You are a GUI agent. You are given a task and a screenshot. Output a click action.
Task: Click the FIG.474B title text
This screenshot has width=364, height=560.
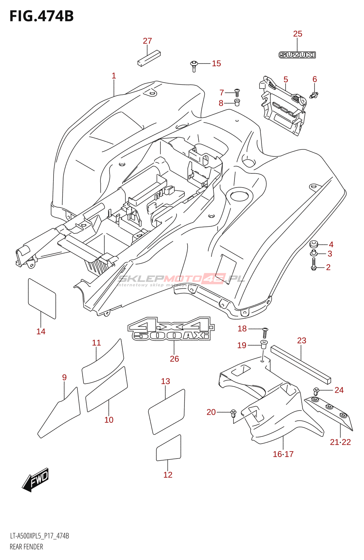42,16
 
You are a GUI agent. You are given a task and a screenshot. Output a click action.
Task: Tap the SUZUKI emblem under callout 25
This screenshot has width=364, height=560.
297,55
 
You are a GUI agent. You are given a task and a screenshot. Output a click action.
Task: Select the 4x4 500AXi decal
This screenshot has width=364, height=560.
171,329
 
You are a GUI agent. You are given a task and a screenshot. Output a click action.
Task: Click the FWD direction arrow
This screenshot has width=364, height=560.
36,479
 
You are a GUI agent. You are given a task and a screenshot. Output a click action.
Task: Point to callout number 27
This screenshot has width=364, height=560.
147,41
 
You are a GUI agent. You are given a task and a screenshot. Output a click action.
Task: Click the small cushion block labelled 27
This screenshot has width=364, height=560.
149,58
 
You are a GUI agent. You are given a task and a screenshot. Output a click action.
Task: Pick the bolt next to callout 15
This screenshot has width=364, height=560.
194,65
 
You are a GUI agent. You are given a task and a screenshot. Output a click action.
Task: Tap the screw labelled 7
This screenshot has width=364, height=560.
237,93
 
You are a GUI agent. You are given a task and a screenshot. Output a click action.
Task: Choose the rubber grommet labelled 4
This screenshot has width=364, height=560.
314,244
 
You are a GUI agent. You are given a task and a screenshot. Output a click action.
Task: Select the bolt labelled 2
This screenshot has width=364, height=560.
314,264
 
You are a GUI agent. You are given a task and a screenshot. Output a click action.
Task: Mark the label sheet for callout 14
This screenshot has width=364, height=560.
42,299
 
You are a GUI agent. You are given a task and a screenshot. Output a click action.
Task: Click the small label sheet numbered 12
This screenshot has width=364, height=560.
168,448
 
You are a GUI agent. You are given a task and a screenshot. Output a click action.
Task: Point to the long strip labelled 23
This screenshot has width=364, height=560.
301,364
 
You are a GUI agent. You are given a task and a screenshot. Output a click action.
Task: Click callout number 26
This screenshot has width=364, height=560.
174,359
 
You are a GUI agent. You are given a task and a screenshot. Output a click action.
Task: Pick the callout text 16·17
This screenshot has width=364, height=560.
283,454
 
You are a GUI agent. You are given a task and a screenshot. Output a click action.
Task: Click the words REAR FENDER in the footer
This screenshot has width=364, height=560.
26,547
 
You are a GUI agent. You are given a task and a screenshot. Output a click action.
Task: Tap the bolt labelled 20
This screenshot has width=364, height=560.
233,413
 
